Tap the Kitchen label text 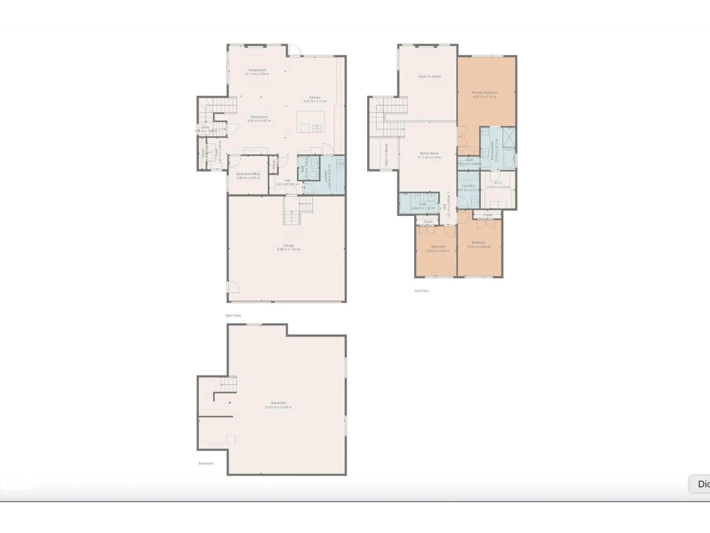click(x=315, y=97)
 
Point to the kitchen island click(x=310, y=121)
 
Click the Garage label click(x=289, y=245)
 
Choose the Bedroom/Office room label click(x=248, y=174)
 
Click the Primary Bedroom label click(x=484, y=93)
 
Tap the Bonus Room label click(x=429, y=153)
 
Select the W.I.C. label click(x=498, y=183)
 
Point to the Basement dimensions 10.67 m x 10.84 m click(x=278, y=407)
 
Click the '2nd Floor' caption click(x=421, y=291)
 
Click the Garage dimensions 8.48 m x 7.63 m click(x=289, y=249)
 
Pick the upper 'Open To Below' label click(x=430, y=76)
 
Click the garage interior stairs click(x=297, y=210)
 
